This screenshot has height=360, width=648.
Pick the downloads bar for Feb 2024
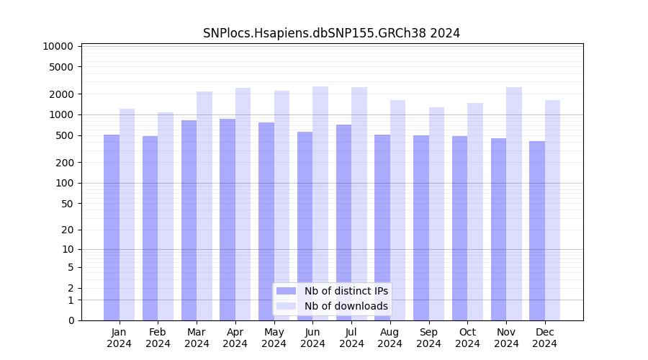tap(166, 216)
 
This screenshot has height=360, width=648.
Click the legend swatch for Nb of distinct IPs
tap(286, 291)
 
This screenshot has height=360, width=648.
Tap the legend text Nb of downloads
tap(346, 306)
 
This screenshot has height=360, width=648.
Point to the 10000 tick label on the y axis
tap(58, 46)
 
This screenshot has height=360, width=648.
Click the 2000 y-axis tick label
tap(61, 94)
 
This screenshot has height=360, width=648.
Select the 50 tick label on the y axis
tap(66, 204)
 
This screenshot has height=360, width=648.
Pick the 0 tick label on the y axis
tap(71, 320)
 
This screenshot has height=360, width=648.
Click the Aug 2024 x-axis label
tap(390, 338)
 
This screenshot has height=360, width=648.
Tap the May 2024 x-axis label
tap(274, 338)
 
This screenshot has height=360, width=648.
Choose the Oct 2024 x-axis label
tap(467, 338)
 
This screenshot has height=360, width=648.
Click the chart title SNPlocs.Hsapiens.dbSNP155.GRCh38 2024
tap(331, 33)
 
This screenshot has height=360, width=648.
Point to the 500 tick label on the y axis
tap(63, 135)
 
